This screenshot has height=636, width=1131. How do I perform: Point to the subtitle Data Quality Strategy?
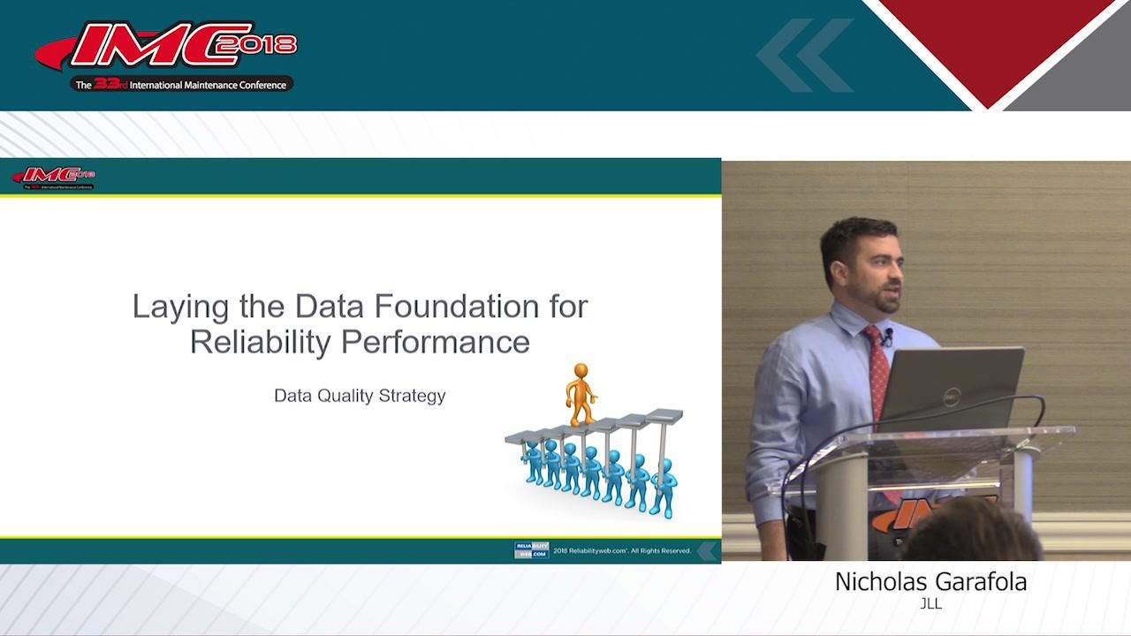[x=360, y=396]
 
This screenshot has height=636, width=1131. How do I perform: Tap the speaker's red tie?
[x=877, y=371]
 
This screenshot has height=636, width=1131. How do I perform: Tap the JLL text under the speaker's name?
[x=930, y=604]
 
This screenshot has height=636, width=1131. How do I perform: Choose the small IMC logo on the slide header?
[x=55, y=177]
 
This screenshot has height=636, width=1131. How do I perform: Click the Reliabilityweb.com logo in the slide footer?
[x=531, y=550]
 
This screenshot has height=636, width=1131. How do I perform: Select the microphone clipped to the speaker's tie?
[x=887, y=337]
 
